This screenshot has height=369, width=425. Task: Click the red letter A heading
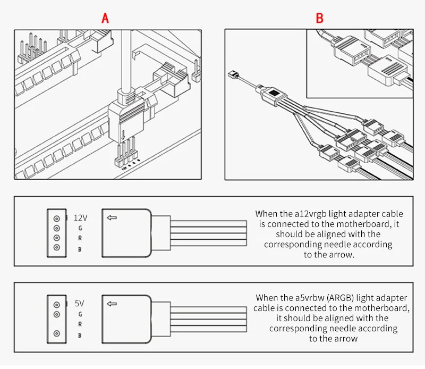pos(105,18)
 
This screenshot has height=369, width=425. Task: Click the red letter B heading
pos(319,18)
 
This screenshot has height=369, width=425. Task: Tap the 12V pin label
pos(80,217)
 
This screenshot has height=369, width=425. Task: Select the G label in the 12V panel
pos(80,229)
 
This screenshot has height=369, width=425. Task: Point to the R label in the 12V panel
pos(80,239)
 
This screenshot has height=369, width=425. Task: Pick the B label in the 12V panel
pos(80,249)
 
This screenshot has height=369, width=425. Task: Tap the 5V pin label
pos(80,304)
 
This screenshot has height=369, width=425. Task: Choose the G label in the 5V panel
pos(80,314)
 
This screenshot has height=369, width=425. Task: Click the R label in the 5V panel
pos(80,324)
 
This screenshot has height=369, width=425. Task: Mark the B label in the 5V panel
pos(80,336)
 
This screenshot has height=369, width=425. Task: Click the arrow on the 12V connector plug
pos(112,217)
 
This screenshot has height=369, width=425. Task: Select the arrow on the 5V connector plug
pos(112,304)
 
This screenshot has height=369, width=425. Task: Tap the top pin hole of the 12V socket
pos(56,218)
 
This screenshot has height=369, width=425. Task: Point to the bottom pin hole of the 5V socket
pos(56,336)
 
